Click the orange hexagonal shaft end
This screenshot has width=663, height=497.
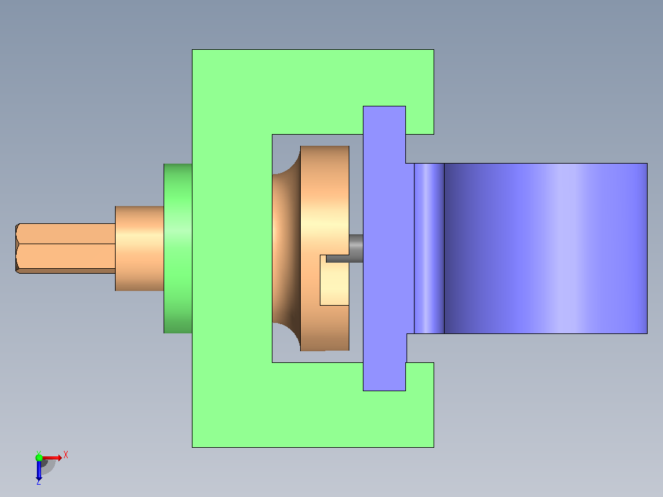point(66,248)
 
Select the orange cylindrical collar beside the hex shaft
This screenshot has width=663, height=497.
point(140,248)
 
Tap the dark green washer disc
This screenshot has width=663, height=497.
point(178,248)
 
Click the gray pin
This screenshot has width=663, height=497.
point(344,248)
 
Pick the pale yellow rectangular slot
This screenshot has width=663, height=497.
point(335,280)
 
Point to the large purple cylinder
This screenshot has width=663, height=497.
point(546,248)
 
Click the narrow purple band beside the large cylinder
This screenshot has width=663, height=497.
point(429,248)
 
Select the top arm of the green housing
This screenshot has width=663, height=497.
point(313,92)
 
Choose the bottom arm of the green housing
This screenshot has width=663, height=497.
point(313,405)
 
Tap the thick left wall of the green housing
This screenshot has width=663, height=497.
point(232,248)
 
